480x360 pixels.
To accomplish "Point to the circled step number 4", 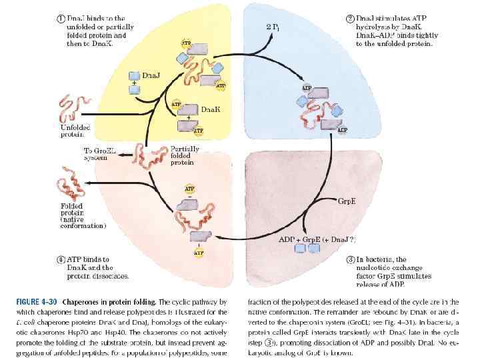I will pyautogui.click(x=61, y=260).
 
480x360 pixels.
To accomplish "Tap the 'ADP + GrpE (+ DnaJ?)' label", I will pyautogui.click(x=318, y=238).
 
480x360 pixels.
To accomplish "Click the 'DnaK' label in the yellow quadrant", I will pyautogui.click(x=211, y=108).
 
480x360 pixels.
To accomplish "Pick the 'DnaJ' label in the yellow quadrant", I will pyautogui.click(x=151, y=75).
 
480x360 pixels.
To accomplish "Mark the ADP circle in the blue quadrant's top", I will pyautogui.click(x=307, y=87).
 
